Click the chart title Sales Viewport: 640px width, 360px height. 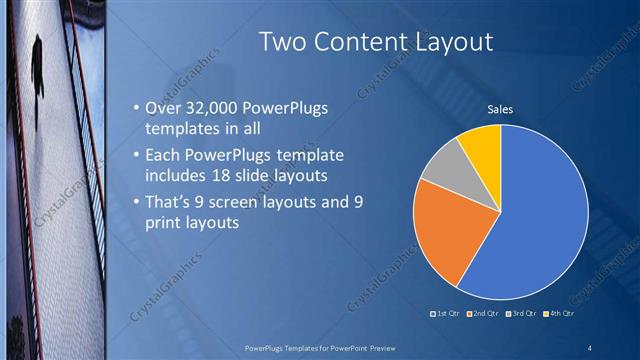pos(500,109)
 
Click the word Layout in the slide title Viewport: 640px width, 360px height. pos(447,41)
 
